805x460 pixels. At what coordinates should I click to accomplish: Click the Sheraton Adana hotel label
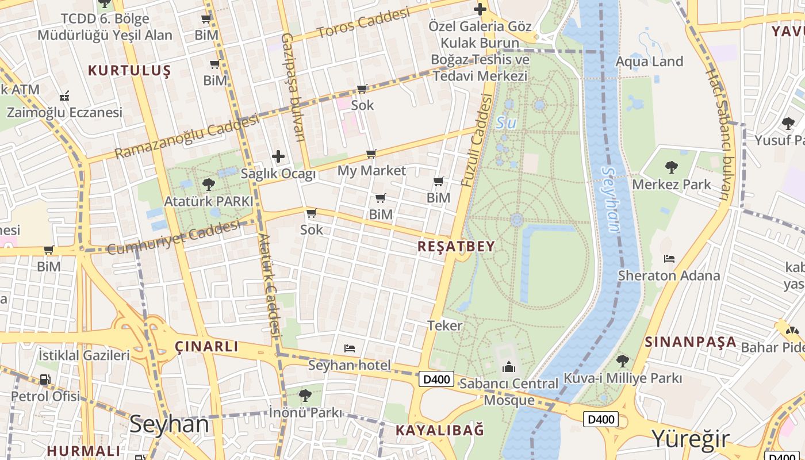point(668,275)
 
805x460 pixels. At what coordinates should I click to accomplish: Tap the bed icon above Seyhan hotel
point(349,348)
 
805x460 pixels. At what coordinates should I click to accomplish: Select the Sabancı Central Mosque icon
point(509,367)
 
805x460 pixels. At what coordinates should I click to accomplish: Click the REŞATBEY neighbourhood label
point(456,247)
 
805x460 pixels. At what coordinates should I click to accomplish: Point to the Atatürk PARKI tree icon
point(208,185)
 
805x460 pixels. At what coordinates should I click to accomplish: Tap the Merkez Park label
point(671,185)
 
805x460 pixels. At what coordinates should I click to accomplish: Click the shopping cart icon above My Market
point(371,154)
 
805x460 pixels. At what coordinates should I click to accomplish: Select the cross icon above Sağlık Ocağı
point(278,156)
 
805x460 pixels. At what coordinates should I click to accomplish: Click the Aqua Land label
point(649,62)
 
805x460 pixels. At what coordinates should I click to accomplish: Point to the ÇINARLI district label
point(206,346)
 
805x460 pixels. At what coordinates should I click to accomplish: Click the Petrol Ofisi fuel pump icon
point(45,379)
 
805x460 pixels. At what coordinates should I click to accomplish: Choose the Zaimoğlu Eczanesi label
point(64,112)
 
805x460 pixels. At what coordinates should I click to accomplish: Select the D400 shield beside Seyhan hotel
point(437,379)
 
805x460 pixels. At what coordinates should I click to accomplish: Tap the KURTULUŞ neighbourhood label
point(129,71)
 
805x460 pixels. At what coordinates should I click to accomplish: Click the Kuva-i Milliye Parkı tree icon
point(622,361)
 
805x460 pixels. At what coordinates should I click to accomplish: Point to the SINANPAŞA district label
point(690,342)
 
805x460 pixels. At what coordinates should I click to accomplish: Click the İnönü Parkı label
point(305,412)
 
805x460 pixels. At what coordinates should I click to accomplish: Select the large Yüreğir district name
point(690,439)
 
